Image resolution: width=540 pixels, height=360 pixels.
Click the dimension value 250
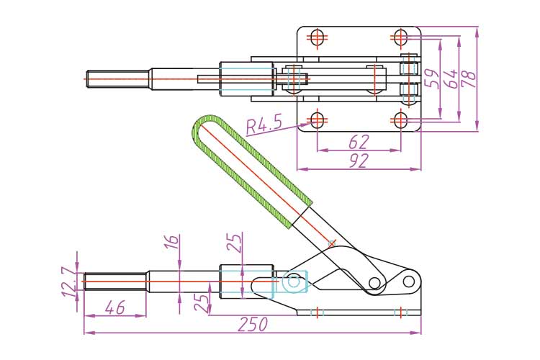pyautogui.click(x=252, y=325)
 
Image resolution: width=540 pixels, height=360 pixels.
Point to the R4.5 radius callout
pyautogui.click(x=263, y=126)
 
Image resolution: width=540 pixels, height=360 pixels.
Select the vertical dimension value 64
pyautogui.click(x=450, y=78)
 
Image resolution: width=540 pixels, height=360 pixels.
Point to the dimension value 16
pyautogui.click(x=171, y=250)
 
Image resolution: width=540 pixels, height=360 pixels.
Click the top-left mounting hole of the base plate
pyautogui.click(x=318, y=35)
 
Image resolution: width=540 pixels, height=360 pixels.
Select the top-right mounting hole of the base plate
pyautogui.click(x=402, y=35)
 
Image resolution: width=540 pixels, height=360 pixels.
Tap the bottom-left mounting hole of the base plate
pyautogui.click(x=318, y=119)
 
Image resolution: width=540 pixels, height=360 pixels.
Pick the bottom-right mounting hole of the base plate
pyautogui.click(x=402, y=119)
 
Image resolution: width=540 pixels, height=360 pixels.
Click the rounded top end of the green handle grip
pyautogui.click(x=204, y=125)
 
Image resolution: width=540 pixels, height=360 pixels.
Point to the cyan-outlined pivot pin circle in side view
pyautogui.click(x=294, y=283)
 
